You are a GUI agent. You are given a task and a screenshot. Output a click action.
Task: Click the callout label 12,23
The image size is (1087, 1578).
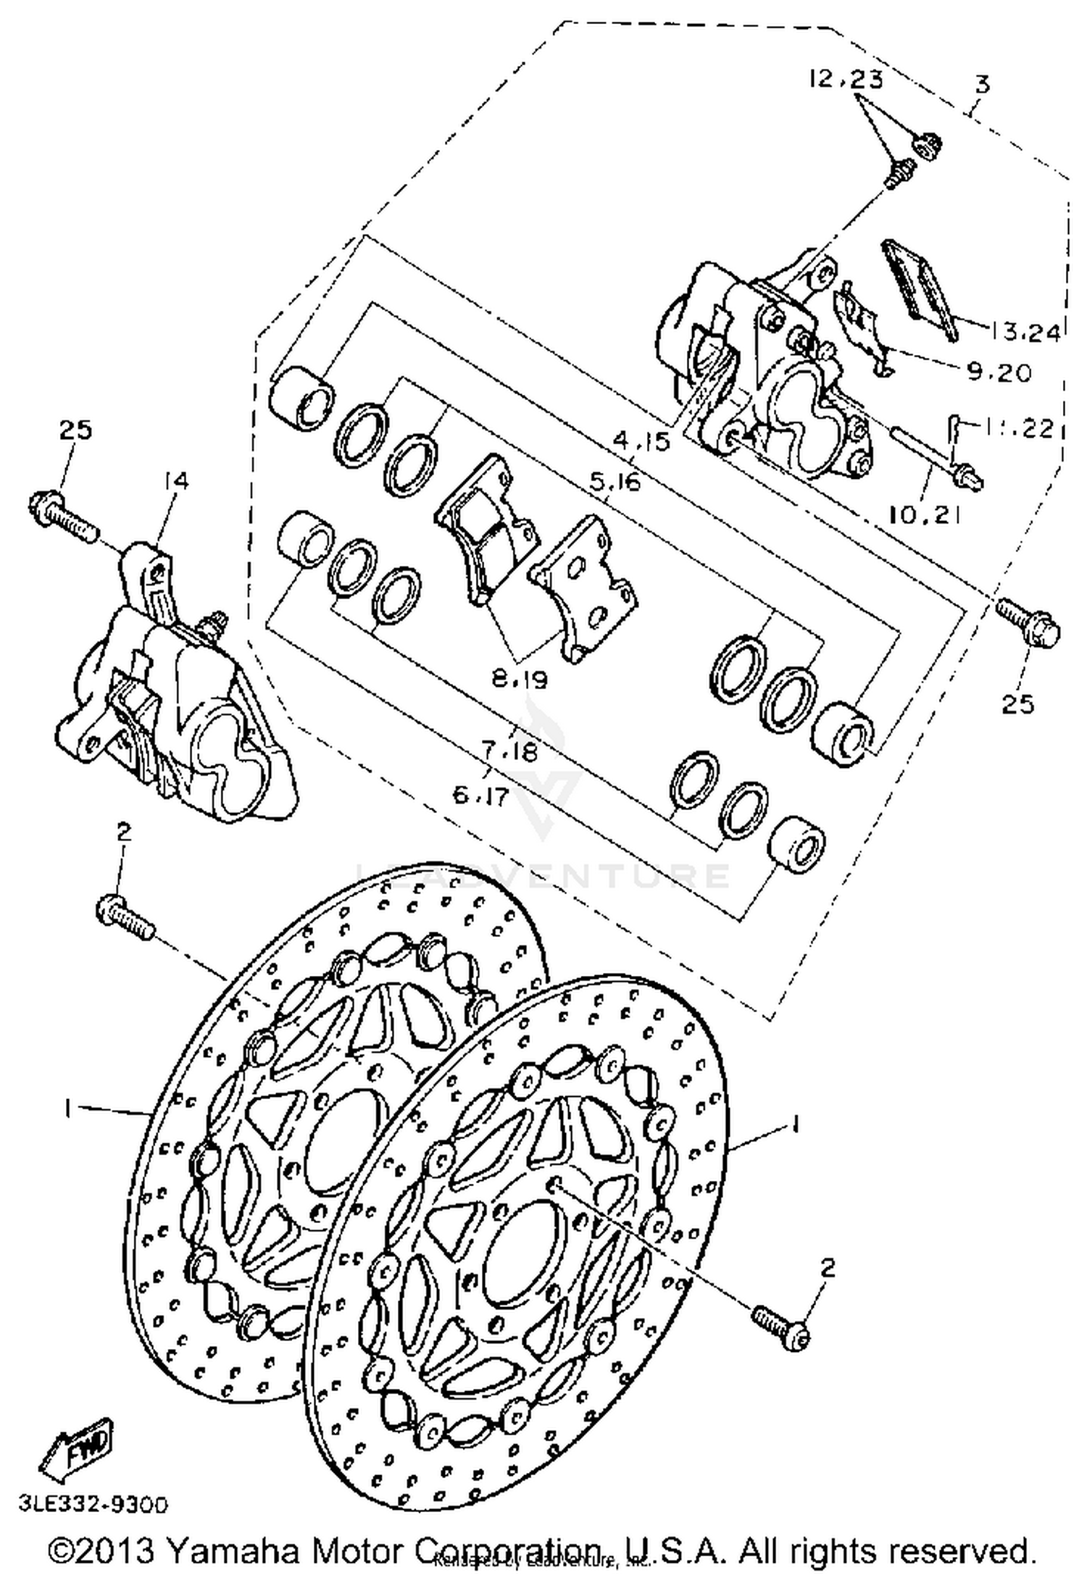[x=846, y=78]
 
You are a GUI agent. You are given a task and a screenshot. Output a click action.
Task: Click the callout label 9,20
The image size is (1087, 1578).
[x=998, y=372]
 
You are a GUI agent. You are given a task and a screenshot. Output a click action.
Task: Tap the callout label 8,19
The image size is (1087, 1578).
[x=519, y=679]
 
